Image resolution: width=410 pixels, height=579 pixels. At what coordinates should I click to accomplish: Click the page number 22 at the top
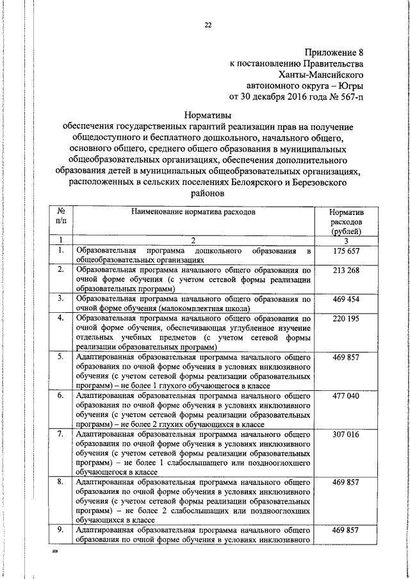coord(208,26)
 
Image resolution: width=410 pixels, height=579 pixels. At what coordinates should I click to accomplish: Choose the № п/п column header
coord(62,216)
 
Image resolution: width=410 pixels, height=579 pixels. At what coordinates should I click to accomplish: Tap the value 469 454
coord(346,299)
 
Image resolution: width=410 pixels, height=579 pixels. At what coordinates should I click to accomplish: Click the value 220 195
coord(346,318)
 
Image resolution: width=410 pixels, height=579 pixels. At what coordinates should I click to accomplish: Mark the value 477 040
coord(346,396)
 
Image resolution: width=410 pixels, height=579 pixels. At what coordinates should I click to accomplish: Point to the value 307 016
coord(346,435)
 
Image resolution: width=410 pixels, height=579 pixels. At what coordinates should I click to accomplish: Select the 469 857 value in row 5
coord(346,357)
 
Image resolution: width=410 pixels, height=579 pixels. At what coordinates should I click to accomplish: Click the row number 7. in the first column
coord(60,435)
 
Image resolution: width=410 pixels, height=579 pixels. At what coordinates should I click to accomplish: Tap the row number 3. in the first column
coord(60,299)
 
